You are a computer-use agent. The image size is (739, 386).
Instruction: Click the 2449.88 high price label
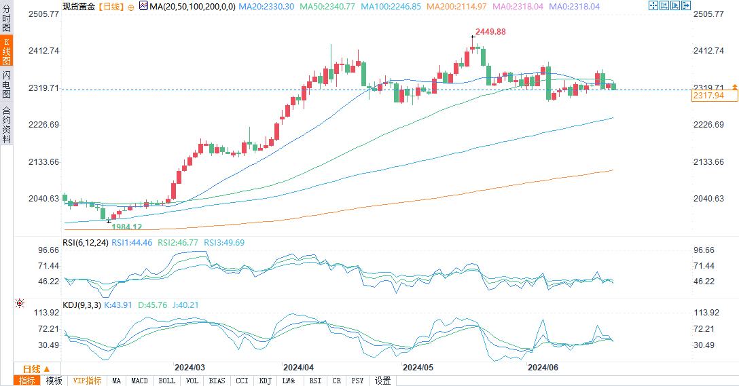click(491, 32)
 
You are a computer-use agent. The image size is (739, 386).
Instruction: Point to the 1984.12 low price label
click(127, 227)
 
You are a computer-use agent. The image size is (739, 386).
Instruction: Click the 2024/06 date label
click(543, 367)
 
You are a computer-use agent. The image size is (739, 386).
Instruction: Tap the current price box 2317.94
click(707, 96)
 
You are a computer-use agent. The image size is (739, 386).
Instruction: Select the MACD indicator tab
click(139, 381)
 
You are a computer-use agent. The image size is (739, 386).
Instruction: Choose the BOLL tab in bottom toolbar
click(166, 381)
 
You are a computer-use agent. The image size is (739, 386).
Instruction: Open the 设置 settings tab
click(383, 381)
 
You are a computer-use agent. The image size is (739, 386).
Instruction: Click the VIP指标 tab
click(87, 381)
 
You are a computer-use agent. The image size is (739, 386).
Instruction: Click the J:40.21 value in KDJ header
click(184, 305)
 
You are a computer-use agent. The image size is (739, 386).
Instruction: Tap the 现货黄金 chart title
click(79, 6)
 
